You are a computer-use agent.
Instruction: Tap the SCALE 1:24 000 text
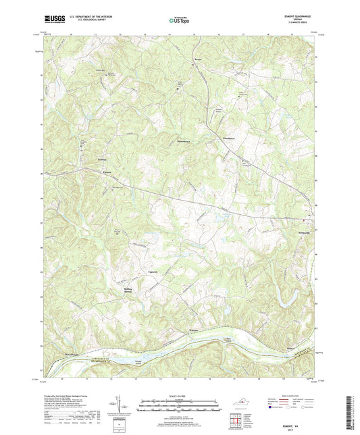[180, 396]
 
